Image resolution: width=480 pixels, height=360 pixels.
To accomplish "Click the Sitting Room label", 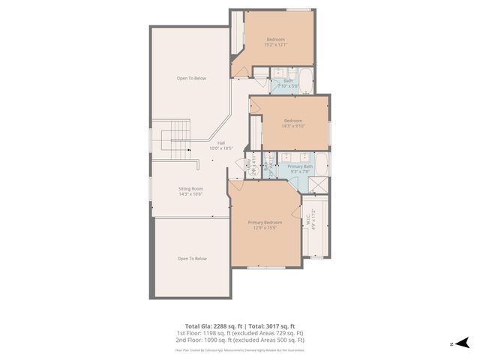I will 190,191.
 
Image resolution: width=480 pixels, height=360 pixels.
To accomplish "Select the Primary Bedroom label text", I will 265,225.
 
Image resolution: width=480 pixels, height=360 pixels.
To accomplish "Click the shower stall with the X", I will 318,185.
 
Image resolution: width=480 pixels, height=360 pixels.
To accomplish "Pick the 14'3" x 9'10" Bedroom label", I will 292,123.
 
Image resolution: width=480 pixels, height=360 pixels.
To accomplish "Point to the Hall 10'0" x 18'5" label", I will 221,145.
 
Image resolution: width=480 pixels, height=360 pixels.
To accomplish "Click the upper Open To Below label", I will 191,78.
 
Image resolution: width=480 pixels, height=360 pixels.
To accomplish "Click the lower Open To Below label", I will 192,259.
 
